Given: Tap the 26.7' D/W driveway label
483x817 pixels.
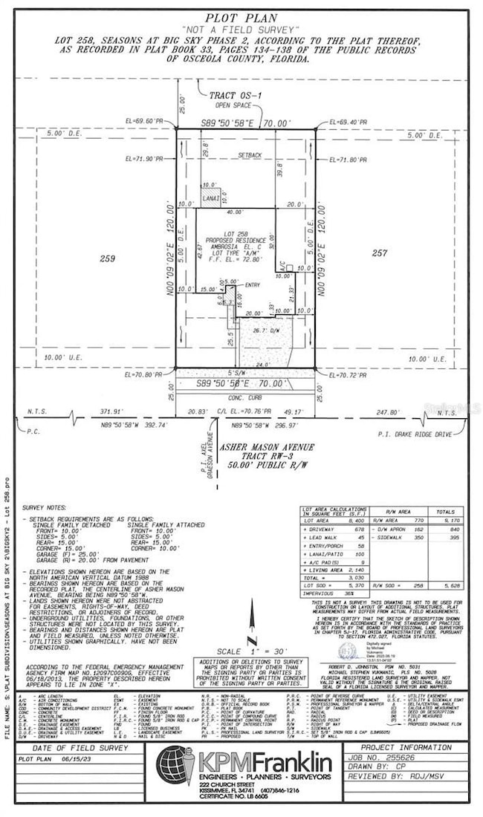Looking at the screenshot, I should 265,330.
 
